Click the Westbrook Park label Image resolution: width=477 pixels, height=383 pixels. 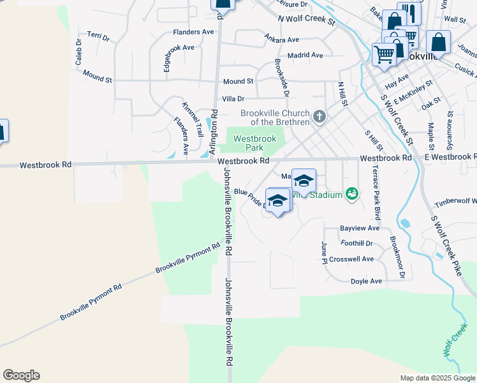pos(254,142)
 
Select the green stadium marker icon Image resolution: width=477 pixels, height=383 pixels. pos(351,193)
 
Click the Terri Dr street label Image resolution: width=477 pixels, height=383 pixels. pos(98,36)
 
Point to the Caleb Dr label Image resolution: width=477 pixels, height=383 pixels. pos(78,52)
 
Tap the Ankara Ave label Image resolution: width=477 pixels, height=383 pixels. pos(282,40)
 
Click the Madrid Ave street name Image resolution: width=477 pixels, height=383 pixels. pos(305,56)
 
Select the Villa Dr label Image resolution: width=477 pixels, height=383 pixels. pos(233,99)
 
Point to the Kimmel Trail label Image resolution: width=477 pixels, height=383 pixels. pos(192,119)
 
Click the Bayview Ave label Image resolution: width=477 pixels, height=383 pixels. pos(360,228)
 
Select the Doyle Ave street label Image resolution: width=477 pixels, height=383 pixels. pos(366,281)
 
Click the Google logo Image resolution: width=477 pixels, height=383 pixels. pos(21,375)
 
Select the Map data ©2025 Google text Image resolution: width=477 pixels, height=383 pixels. pos(437,378)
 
